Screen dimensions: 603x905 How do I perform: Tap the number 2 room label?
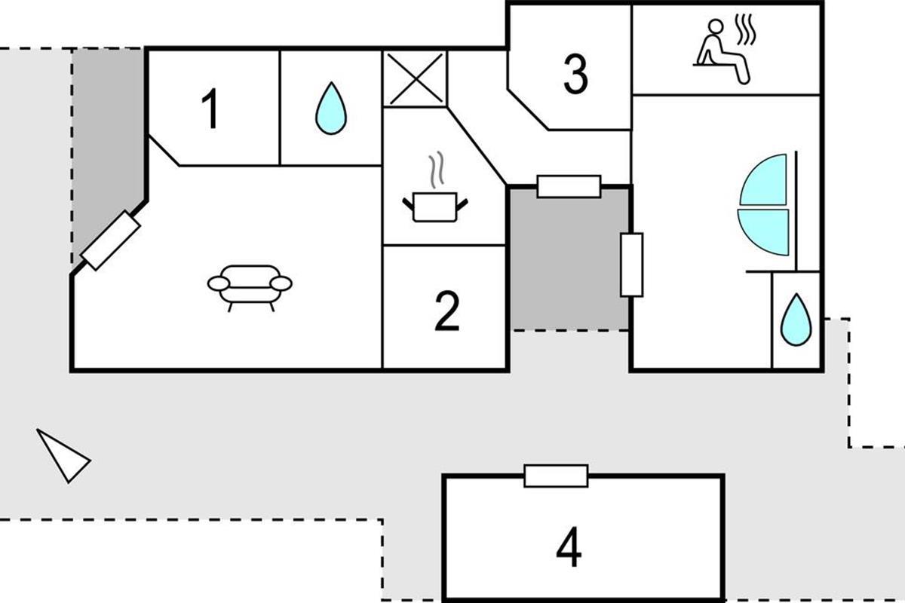tap(446, 311)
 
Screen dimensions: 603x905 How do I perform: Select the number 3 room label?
tap(575, 75)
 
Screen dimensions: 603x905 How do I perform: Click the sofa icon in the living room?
tap(250, 286)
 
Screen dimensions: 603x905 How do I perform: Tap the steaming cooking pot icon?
tap(436, 206)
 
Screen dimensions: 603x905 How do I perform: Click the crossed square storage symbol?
tap(415, 78)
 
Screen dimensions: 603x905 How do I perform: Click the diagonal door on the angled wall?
tap(111, 240)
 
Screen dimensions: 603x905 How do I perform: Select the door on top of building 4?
tap(556, 476)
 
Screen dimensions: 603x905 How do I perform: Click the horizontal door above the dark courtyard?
tap(569, 186)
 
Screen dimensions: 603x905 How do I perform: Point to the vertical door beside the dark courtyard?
tap(631, 265)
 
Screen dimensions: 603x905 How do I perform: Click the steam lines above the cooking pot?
tap(436, 172)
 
